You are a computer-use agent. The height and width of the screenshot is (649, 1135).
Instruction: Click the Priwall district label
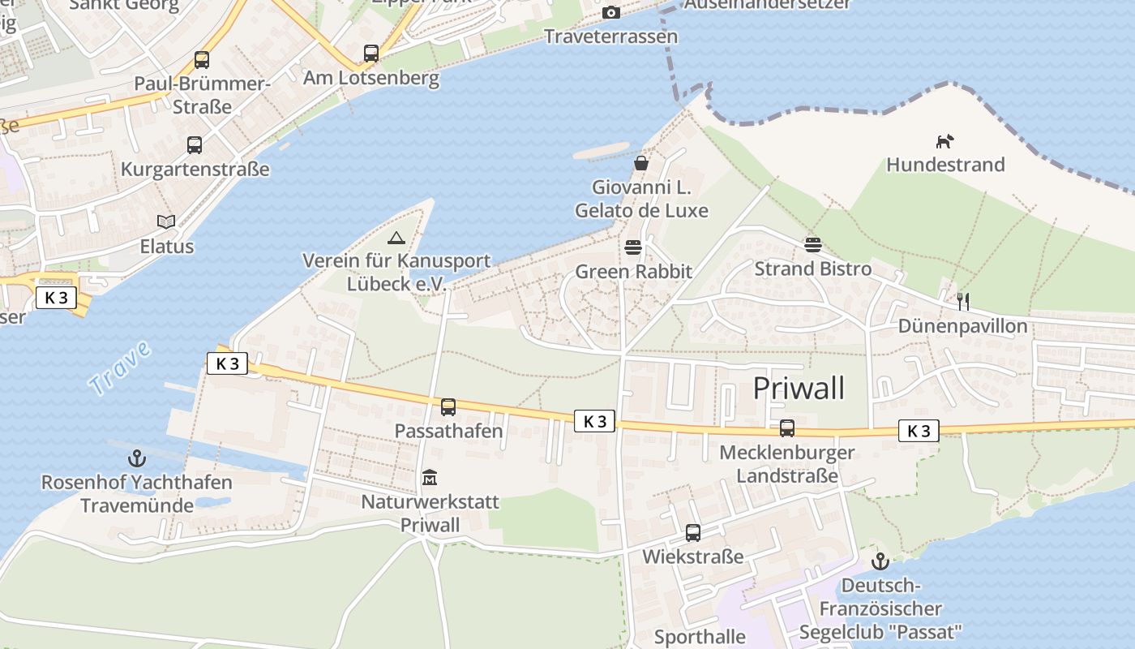coord(799,389)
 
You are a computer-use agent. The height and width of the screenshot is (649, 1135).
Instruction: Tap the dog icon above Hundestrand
coord(944,142)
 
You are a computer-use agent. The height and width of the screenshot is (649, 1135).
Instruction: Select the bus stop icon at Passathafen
coord(448,407)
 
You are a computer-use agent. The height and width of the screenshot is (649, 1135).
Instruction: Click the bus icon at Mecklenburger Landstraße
coord(787,428)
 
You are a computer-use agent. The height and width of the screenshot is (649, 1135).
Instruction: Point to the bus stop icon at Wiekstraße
coord(693,533)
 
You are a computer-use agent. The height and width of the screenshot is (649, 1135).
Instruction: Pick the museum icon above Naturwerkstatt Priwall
coord(430,478)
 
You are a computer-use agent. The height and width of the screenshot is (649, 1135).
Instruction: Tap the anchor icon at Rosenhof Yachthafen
coord(137,458)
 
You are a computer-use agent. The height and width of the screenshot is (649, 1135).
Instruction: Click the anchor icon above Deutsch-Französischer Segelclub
coord(880,561)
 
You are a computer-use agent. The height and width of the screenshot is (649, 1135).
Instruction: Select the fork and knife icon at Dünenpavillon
coord(963,302)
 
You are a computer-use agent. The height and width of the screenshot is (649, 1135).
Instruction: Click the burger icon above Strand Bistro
coord(813,245)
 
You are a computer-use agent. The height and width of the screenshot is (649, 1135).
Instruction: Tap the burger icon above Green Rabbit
coord(633,247)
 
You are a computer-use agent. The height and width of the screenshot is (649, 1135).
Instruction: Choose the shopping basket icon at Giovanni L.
coord(641,164)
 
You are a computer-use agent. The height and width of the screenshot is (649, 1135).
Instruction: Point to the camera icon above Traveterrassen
coord(611,12)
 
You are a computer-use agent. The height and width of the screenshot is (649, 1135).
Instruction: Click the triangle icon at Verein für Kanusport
coord(396,238)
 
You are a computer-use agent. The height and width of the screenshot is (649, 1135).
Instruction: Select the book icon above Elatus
coord(166,221)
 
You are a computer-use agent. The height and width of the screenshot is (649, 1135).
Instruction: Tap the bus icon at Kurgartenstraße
coord(195,145)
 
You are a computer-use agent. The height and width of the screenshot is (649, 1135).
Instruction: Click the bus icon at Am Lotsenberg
coord(371,54)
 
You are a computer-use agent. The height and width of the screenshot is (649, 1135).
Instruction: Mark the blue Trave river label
coord(121,368)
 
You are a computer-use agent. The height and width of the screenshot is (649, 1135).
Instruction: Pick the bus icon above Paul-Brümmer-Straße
coord(202,60)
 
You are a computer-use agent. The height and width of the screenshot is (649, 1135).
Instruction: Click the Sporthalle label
coord(700,637)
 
